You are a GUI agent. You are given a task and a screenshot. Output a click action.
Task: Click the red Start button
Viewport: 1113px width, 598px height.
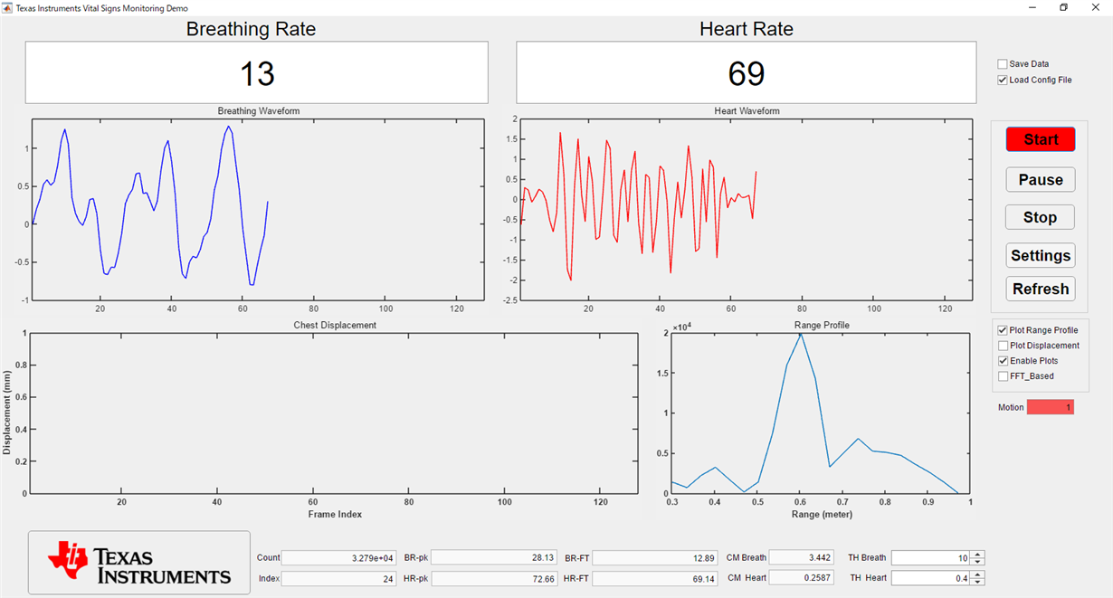[1041, 139]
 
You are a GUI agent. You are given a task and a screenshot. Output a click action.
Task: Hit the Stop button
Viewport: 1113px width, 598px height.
[1040, 217]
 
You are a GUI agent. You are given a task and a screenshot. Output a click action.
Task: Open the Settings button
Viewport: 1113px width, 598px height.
[1041, 255]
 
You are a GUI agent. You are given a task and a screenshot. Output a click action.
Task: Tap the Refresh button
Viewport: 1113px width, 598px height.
[1041, 289]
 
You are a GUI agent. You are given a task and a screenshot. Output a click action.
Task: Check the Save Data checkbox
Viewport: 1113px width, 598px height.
[1003, 64]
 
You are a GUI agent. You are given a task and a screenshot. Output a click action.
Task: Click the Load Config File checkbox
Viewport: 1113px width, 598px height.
[1003, 80]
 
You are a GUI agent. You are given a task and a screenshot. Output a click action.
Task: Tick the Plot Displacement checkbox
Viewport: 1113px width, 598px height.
[1004, 346]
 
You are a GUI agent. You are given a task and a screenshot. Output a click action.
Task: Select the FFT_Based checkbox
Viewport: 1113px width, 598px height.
[1004, 376]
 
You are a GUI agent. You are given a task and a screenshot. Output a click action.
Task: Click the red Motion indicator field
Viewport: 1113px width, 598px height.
[1051, 407]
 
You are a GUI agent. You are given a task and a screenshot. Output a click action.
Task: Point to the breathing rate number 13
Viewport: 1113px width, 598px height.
[257, 74]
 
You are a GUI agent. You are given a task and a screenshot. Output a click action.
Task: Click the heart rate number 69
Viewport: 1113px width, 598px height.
[747, 74]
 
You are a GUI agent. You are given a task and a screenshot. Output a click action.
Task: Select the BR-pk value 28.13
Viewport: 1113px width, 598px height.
[493, 558]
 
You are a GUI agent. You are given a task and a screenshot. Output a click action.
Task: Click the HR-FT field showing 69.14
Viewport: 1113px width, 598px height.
[655, 579]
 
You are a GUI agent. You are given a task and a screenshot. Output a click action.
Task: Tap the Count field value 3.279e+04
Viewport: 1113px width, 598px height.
[338, 558]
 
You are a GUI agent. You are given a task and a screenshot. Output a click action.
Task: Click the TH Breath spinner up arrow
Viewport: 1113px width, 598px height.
[977, 555]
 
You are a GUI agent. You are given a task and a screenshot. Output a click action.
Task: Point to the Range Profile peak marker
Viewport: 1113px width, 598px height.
[800, 334]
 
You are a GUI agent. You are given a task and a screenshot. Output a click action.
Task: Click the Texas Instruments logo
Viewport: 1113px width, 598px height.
[139, 562]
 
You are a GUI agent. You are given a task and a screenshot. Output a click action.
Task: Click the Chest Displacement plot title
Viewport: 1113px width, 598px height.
[335, 325]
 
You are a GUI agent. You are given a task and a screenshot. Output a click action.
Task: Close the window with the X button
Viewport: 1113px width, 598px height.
[1096, 7]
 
